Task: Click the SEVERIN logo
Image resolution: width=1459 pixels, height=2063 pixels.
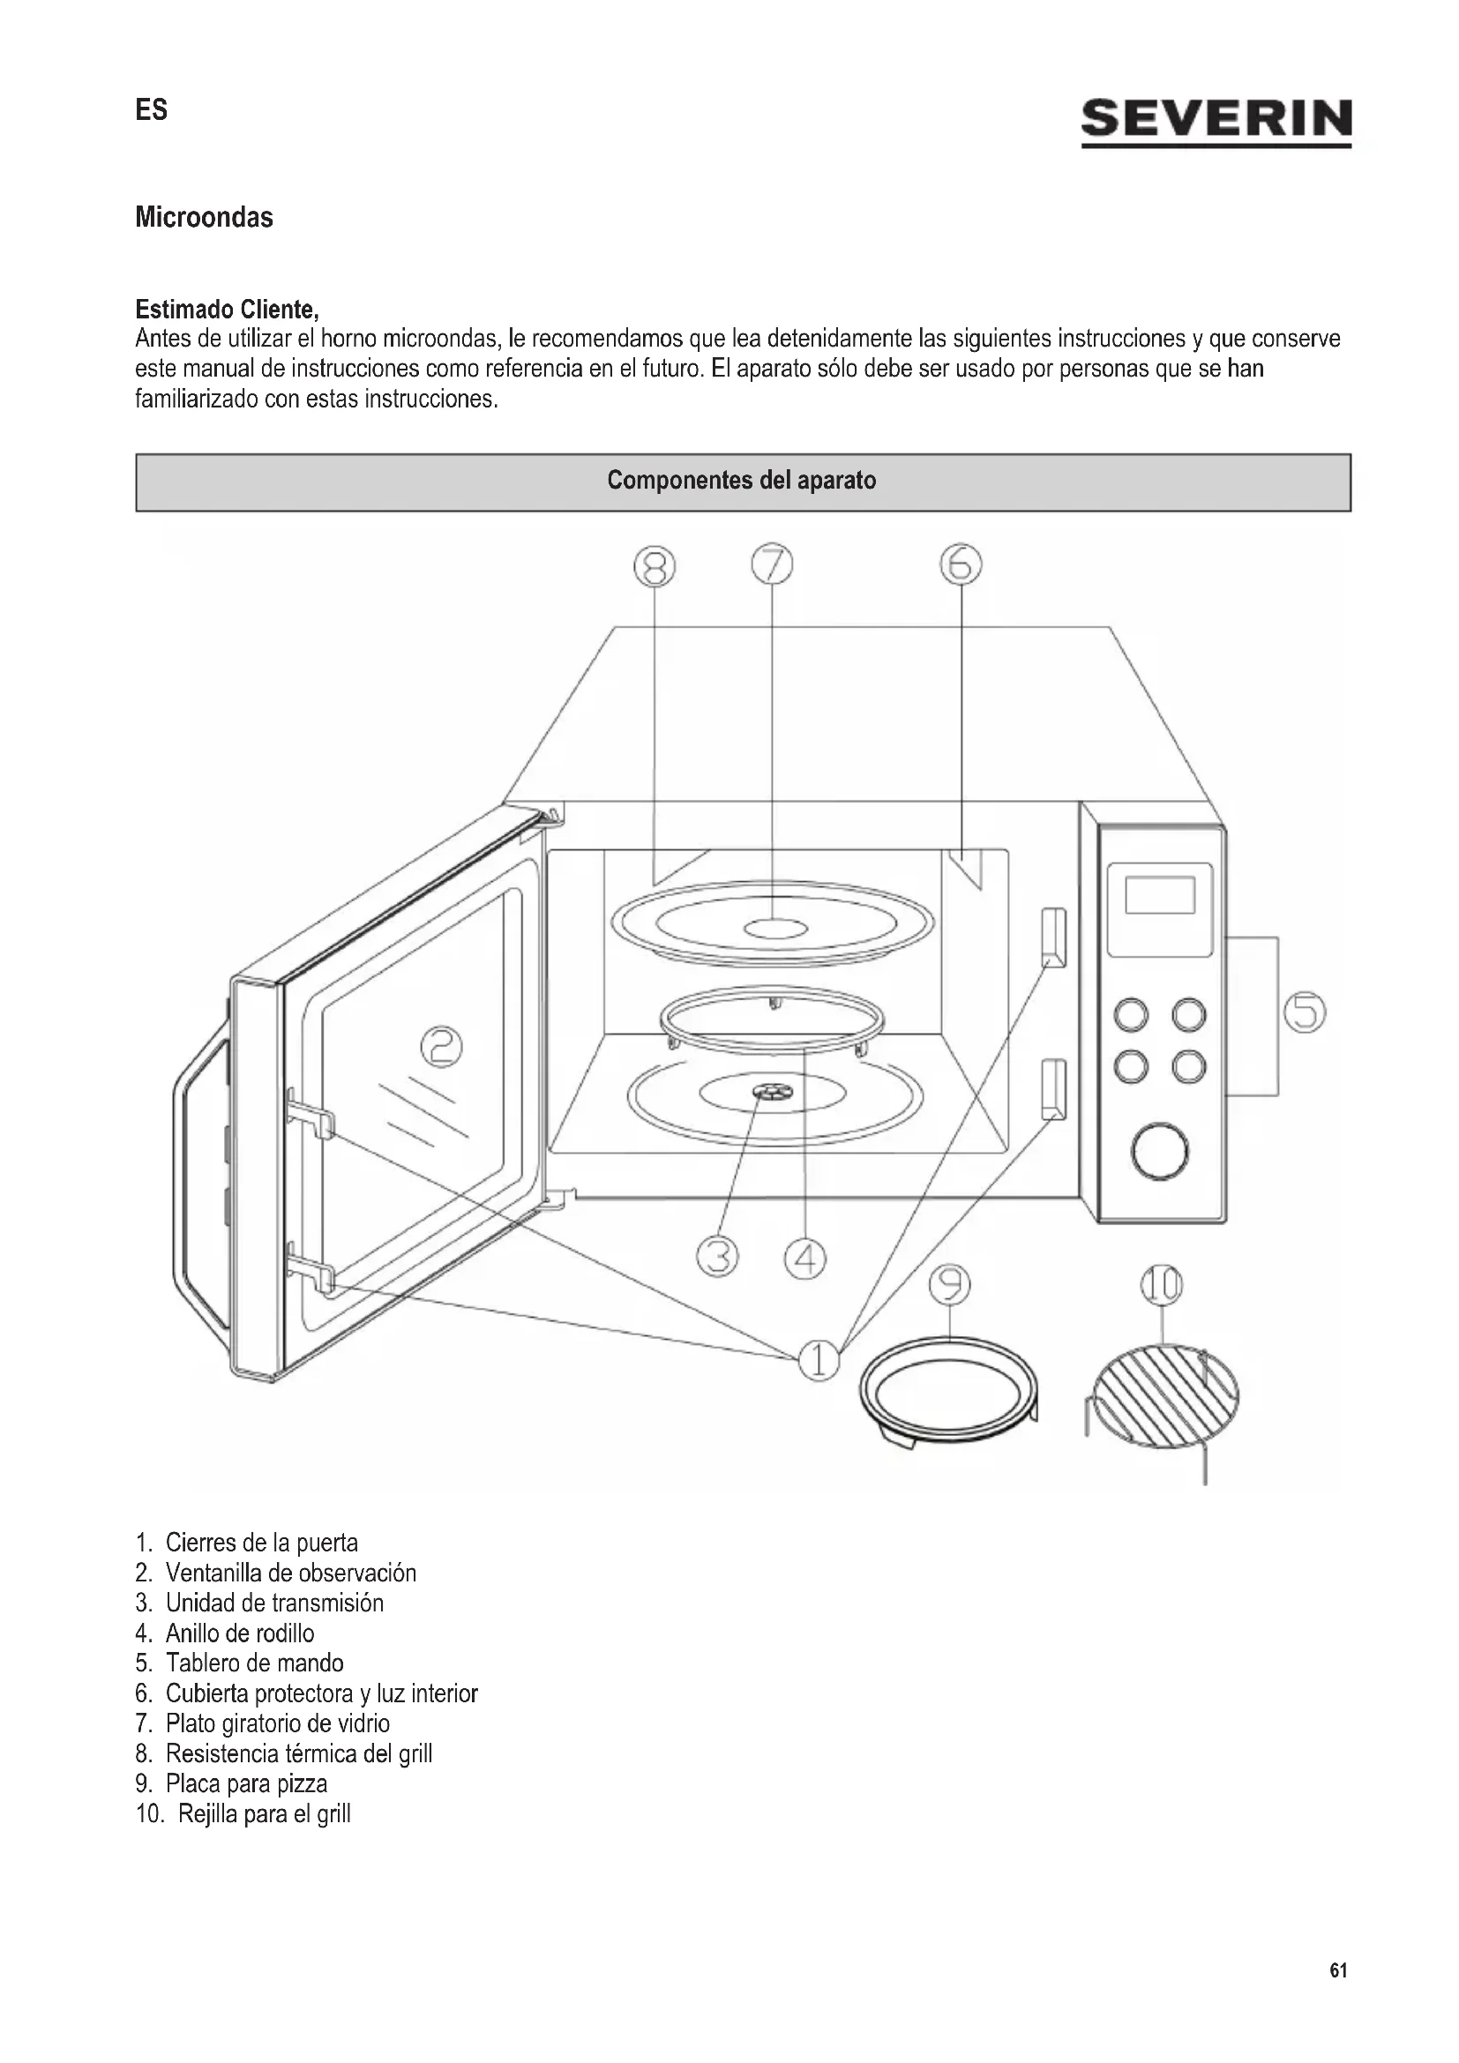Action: pyautogui.click(x=1216, y=121)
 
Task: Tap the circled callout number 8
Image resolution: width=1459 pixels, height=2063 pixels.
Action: pyautogui.click(x=654, y=567)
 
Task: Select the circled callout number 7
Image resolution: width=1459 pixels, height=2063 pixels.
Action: pyautogui.click(x=772, y=565)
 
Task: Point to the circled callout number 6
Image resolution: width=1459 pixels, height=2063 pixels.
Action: pyautogui.click(x=961, y=565)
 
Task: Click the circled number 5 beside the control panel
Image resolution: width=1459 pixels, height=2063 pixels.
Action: pyautogui.click(x=1305, y=1013)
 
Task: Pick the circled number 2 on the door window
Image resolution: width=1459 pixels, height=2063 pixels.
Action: pyautogui.click(x=442, y=1048)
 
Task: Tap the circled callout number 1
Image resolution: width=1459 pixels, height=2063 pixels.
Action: pyautogui.click(x=819, y=1360)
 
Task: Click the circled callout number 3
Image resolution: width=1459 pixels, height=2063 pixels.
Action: pyautogui.click(x=717, y=1256)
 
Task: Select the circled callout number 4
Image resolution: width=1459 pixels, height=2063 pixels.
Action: pyautogui.click(x=805, y=1258)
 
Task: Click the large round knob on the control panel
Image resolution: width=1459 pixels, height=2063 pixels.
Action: pyautogui.click(x=1160, y=1151)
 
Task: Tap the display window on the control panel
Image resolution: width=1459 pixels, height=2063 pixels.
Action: pyautogui.click(x=1160, y=895)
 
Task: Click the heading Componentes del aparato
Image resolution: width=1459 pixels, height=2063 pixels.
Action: pyautogui.click(x=742, y=481)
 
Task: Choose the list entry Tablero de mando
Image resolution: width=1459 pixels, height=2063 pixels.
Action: pyautogui.click(x=253, y=1663)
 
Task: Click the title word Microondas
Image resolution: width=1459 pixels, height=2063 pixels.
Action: pyautogui.click(x=204, y=218)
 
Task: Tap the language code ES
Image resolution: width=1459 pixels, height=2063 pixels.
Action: pyautogui.click(x=151, y=110)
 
